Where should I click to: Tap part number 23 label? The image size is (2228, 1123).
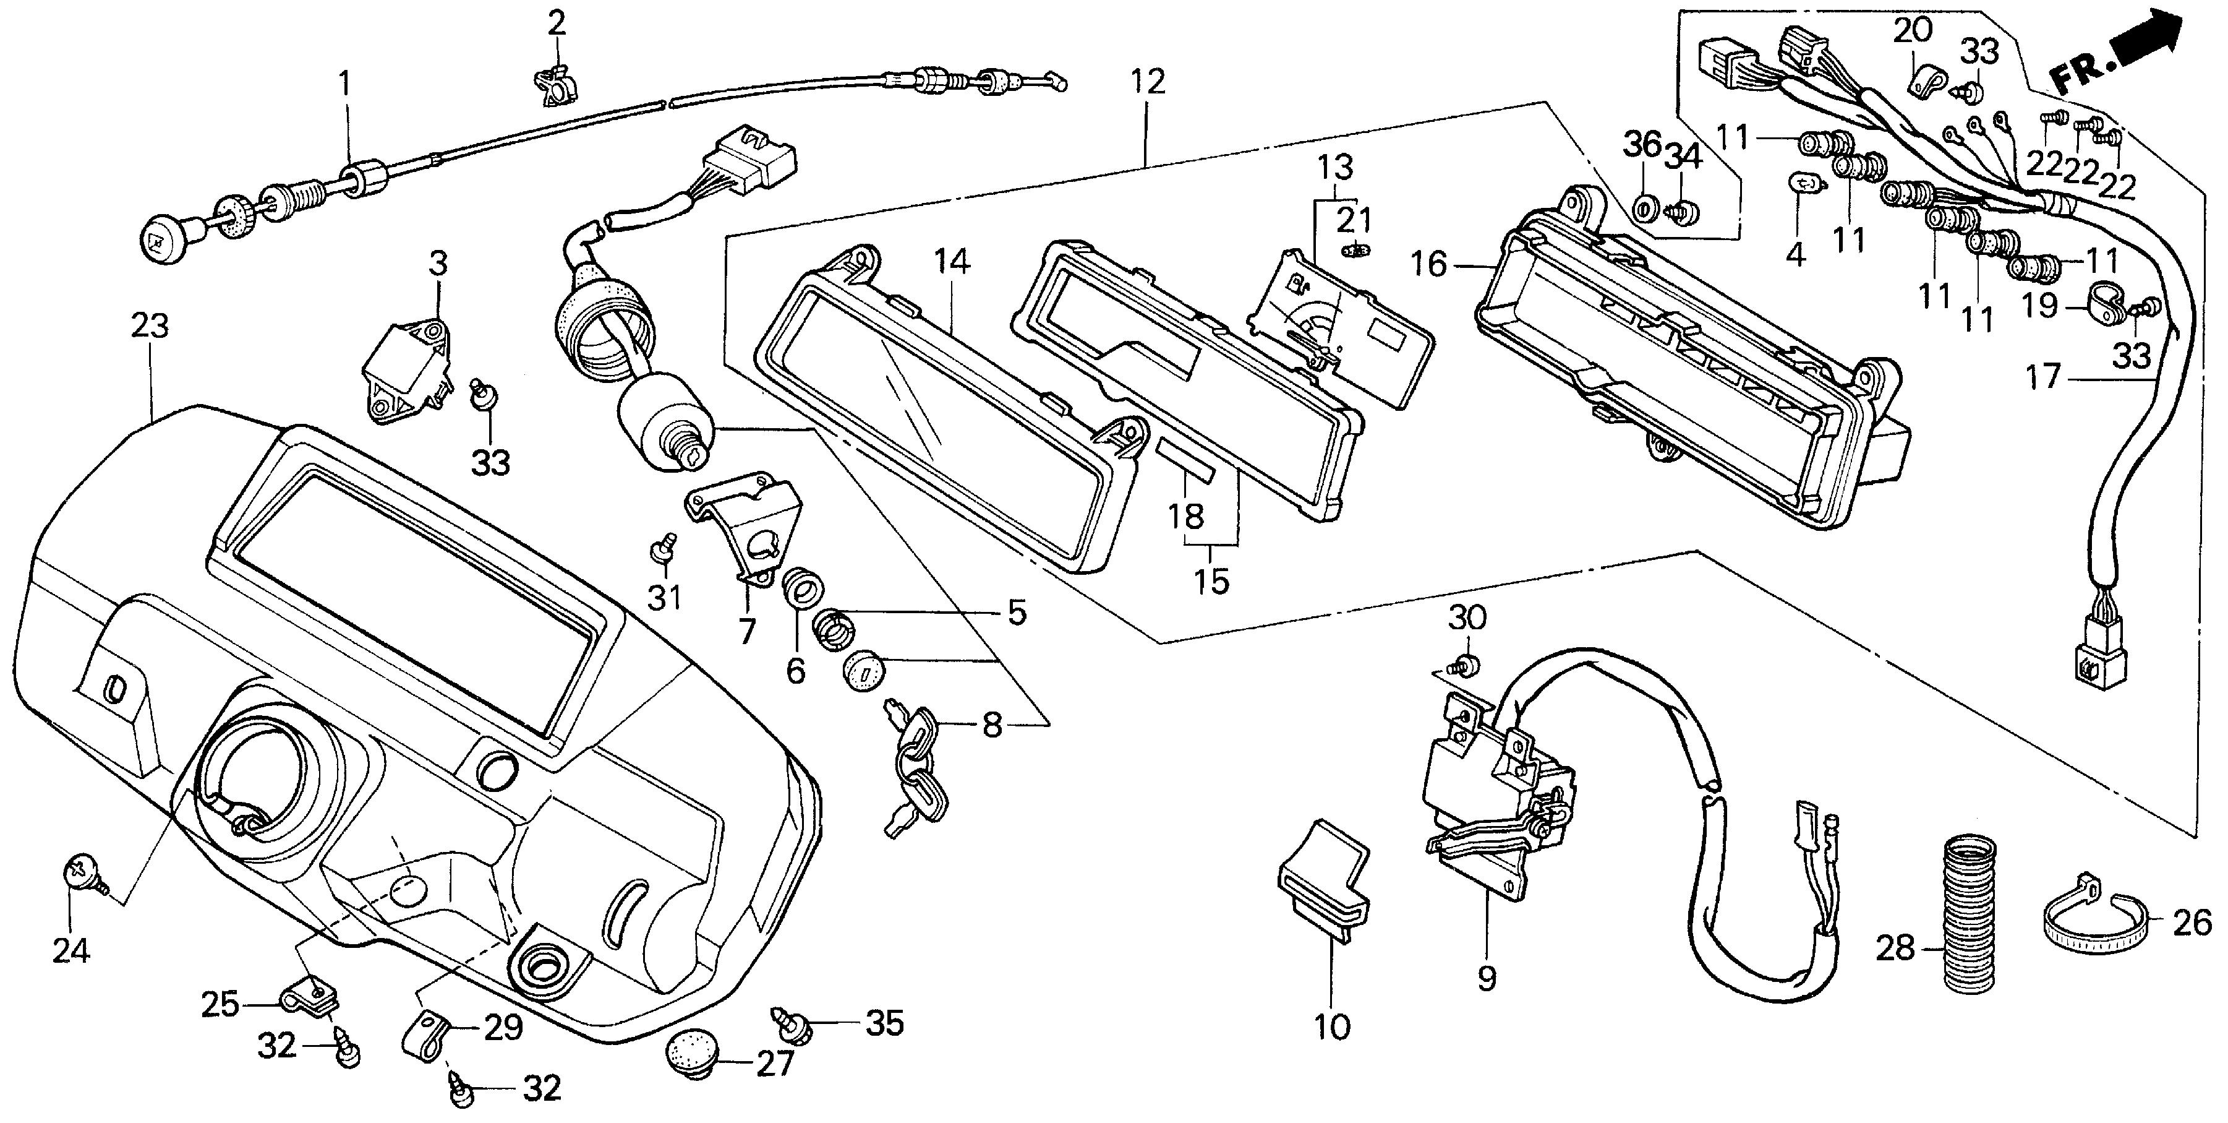pos(150,326)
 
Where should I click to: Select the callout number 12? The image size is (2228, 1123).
pos(1147,82)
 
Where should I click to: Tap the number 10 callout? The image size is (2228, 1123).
pos(1331,1027)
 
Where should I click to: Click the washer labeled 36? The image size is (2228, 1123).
pos(1642,208)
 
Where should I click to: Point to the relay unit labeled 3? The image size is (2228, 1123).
pos(404,370)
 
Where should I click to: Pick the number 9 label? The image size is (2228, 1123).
pos(1486,978)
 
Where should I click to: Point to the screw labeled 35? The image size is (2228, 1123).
pos(795,1025)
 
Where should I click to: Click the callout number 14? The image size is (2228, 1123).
pos(952,260)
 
